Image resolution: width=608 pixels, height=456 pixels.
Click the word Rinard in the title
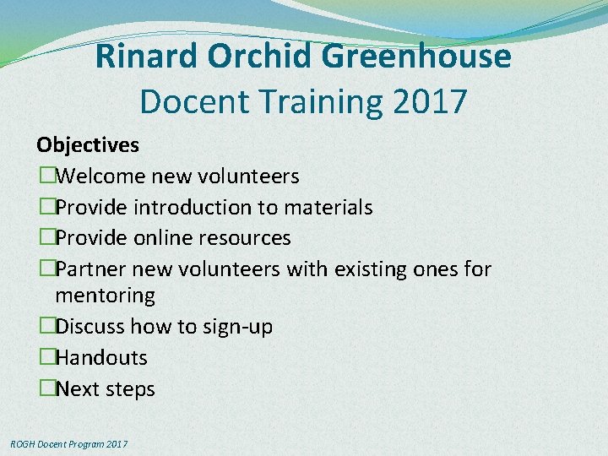click(146, 57)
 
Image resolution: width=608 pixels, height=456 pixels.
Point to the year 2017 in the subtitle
click(430, 101)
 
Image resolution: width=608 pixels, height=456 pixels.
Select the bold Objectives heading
click(88, 145)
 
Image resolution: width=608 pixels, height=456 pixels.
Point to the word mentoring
click(105, 296)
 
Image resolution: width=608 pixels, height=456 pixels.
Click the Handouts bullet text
click(100, 358)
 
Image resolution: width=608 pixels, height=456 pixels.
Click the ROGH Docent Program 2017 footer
click(68, 443)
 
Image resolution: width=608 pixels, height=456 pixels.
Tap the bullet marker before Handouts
click(46, 358)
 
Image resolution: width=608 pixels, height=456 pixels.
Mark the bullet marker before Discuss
click(46, 327)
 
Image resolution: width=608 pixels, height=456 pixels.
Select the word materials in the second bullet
click(329, 208)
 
